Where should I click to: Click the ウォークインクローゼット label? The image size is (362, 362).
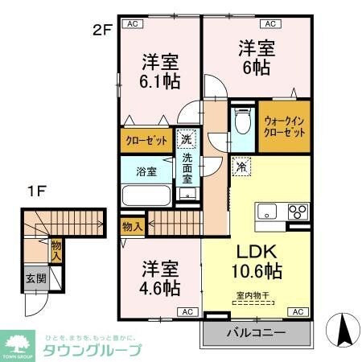(284, 126)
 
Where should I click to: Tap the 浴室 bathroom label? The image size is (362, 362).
(146, 171)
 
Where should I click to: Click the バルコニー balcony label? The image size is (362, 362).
(254, 331)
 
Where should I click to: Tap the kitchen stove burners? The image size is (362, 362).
(296, 212)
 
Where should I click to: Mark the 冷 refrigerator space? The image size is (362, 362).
(241, 167)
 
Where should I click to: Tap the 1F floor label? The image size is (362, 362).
(35, 191)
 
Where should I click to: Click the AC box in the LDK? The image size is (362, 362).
(296, 311)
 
